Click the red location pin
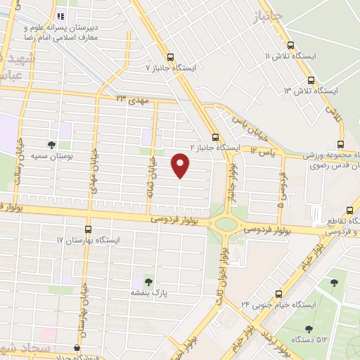click(181, 166)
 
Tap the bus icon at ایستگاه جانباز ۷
click(169, 58)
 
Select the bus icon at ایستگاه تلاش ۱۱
click(309, 61)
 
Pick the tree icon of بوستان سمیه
click(51, 145)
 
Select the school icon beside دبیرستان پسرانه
click(61, 15)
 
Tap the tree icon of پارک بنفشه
click(148, 280)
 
